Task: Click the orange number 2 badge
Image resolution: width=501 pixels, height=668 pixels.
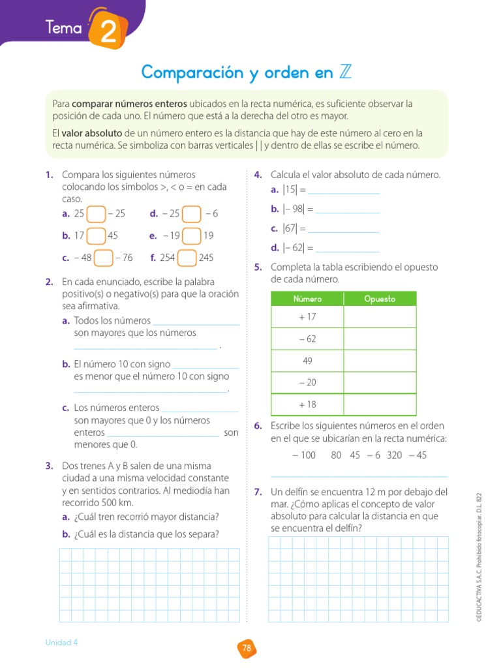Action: (102, 31)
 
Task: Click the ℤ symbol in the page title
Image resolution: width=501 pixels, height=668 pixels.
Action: (346, 72)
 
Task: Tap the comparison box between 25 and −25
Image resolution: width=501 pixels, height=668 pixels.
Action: (96, 214)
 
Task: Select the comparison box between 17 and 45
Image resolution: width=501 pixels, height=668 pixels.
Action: (96, 236)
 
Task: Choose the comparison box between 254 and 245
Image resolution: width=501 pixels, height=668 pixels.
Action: (187, 258)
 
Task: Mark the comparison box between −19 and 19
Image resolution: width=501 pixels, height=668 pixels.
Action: (191, 236)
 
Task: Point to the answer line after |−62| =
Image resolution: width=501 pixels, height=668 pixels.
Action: (347, 249)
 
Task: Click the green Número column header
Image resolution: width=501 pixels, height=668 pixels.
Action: (307, 299)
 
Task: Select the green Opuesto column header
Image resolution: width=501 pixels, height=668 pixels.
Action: (380, 299)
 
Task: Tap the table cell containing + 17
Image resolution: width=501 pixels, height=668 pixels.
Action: (307, 317)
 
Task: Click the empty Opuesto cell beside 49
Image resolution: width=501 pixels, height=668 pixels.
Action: (380, 361)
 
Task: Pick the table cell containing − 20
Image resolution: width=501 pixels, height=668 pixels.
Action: (307, 383)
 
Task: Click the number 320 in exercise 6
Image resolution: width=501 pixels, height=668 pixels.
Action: (394, 455)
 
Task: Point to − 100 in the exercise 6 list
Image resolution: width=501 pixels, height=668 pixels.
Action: (304, 455)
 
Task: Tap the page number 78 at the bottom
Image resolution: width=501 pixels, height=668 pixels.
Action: (247, 648)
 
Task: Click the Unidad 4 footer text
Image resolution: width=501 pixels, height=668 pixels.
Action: (61, 642)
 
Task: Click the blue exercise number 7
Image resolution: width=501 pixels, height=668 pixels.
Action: (258, 492)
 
